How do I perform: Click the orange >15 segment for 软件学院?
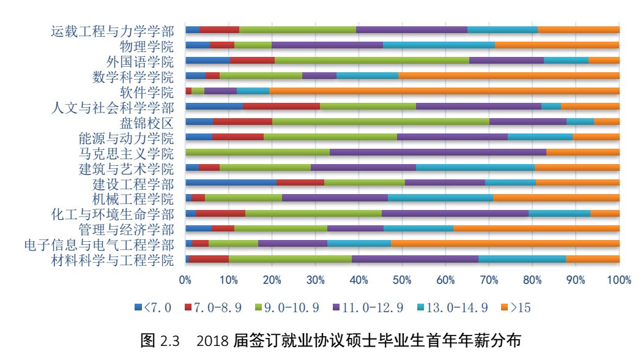[x=444, y=91]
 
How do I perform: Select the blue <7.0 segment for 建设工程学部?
[x=231, y=182]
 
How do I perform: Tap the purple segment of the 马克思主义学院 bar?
[x=437, y=152]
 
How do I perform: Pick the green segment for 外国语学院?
[x=371, y=60]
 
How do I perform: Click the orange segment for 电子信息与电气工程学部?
[x=505, y=244]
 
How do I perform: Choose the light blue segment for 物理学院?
[x=439, y=45]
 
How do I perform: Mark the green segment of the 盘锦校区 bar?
[x=381, y=121]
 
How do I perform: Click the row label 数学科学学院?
[x=132, y=77]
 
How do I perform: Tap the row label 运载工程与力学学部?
[x=112, y=31]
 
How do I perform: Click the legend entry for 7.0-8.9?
[x=213, y=307]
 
